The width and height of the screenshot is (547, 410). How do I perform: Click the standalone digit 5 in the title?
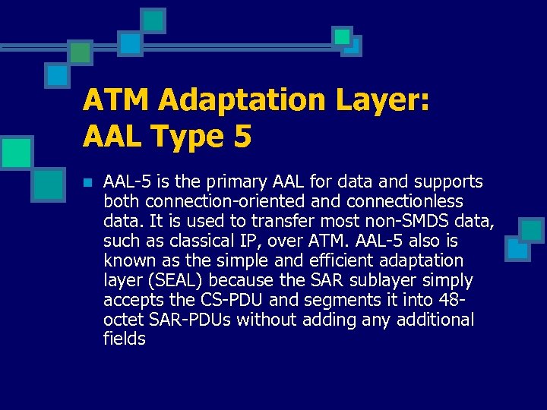[x=242, y=137]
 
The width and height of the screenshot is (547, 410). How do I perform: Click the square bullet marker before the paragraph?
[x=87, y=182]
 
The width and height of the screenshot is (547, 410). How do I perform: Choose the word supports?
[x=449, y=182]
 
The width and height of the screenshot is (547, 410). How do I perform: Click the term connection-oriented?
[x=229, y=202]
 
